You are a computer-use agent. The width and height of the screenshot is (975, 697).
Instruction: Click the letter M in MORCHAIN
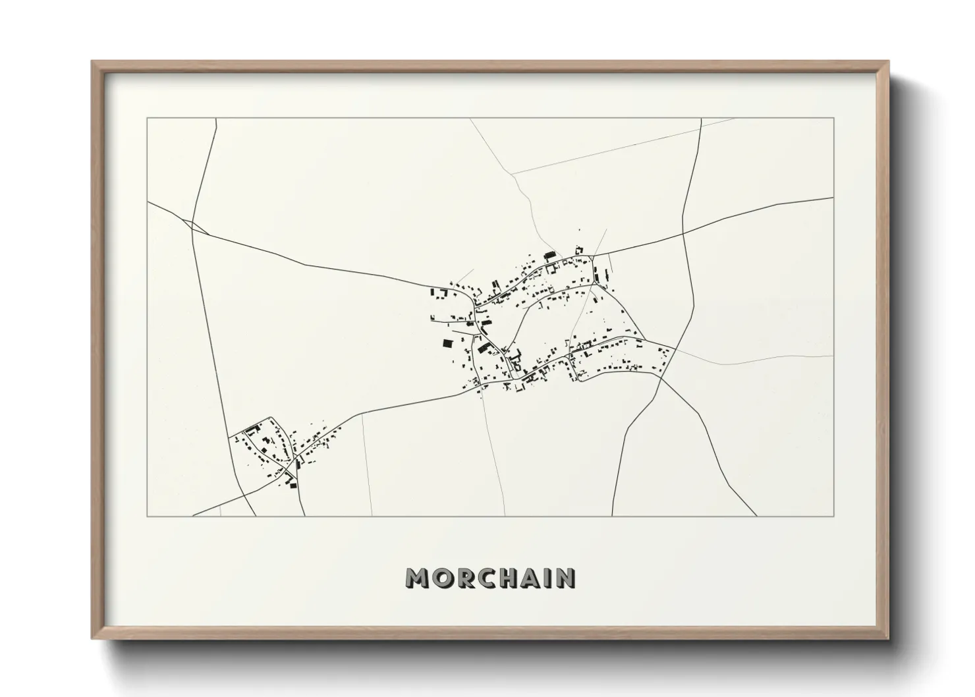click(419, 578)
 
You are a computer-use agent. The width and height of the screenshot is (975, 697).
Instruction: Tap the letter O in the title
click(442, 578)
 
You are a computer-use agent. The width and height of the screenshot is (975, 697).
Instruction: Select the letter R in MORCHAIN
click(464, 578)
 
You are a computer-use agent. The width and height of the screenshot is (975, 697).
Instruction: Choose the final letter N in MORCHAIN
click(565, 578)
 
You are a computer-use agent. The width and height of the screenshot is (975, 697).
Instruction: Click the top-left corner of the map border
click(148, 119)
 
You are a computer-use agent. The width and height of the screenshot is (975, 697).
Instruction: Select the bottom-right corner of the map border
click(834, 516)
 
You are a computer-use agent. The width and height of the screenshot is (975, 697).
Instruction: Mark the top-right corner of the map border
click(834, 119)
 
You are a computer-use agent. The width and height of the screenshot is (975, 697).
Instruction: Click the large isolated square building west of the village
click(448, 343)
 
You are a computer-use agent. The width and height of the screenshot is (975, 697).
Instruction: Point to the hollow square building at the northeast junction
click(580, 250)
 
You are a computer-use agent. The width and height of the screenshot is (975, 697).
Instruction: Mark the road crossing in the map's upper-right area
click(684, 233)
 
